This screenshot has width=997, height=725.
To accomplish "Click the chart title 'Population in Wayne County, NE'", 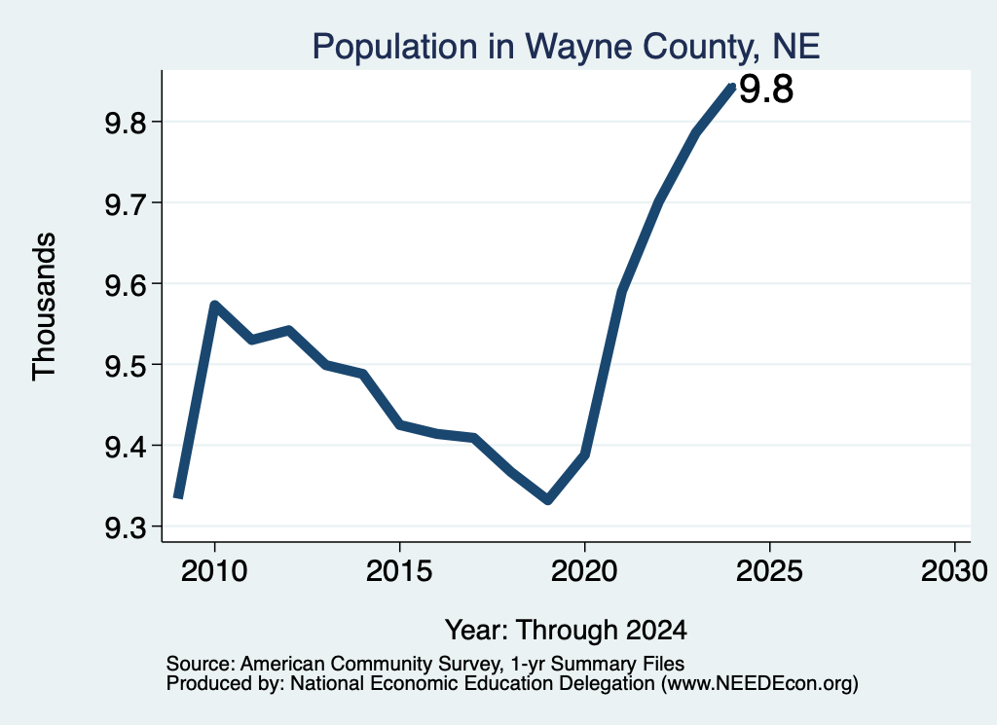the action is pos(566,47).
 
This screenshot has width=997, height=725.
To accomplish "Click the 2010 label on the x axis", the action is pos(214,571).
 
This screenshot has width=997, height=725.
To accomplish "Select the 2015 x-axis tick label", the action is pos(399,571).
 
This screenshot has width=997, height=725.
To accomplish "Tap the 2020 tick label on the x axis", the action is pos(584,571).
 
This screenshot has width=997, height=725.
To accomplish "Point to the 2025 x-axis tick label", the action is pos(769,571).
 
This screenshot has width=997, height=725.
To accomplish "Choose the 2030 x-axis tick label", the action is pos(954,571).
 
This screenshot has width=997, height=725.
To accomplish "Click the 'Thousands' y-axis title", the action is pos(44,307).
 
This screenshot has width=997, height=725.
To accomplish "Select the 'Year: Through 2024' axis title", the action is pos(566,630).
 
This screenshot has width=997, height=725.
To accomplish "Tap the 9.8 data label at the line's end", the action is pos(766,89).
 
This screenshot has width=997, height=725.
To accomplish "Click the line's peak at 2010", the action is pos(214,306).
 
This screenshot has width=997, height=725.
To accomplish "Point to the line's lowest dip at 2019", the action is pos(548,501).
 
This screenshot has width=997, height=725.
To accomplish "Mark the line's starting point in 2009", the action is pos(178,496).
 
